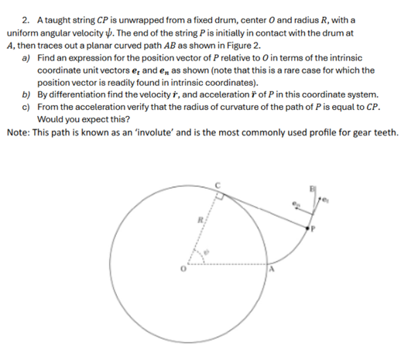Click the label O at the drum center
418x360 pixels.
[x=183, y=269]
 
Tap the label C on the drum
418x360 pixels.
[x=218, y=184]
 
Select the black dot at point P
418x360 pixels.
[x=310, y=228]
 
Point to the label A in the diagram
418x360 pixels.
[x=272, y=269]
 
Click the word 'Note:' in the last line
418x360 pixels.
[x=18, y=132]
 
